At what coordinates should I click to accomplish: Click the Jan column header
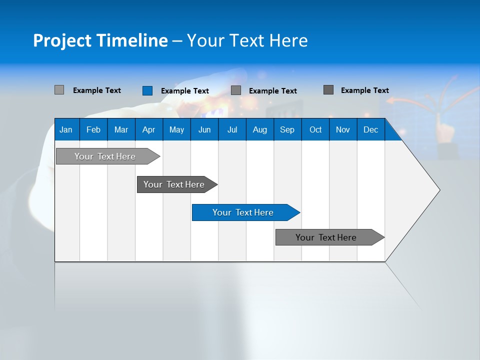66,129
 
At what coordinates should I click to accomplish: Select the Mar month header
121,129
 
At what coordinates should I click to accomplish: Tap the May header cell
176,129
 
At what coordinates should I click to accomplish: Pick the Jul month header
232,129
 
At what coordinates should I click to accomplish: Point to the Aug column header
259,129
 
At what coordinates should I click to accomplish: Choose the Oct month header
315,129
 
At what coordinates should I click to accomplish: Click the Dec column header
370,129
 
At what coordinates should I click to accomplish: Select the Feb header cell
93,129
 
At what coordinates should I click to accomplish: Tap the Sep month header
287,129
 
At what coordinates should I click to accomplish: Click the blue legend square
147,90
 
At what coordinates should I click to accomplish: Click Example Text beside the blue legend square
184,91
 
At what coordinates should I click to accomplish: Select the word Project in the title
62,40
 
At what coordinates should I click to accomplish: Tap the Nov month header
343,129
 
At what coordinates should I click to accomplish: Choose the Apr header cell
148,129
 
